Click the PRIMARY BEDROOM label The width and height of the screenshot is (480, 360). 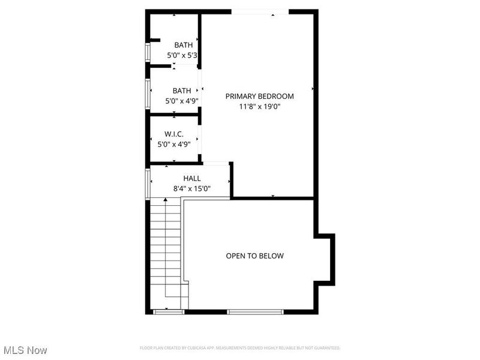click(259, 96)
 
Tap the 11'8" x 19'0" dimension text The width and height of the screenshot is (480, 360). click(259, 107)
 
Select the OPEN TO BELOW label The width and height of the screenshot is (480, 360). click(254, 256)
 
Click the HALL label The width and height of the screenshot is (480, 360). click(192, 178)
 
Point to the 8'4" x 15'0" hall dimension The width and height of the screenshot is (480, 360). click(192, 188)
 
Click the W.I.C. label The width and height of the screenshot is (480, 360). click(174, 134)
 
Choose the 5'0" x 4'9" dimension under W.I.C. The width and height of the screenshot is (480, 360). click(174, 144)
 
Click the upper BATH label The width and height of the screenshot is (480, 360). click(183, 45)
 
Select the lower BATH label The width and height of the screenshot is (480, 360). click(182, 91)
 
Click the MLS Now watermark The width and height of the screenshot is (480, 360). click(25, 349)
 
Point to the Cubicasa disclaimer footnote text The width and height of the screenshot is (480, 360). click(240, 348)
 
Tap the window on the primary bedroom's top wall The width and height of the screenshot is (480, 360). click(260, 11)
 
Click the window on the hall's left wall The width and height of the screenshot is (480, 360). click(147, 182)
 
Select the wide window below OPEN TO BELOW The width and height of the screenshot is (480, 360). click(254, 311)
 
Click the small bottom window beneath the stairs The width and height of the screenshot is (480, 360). click(169, 311)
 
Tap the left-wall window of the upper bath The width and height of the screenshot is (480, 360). click(147, 52)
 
